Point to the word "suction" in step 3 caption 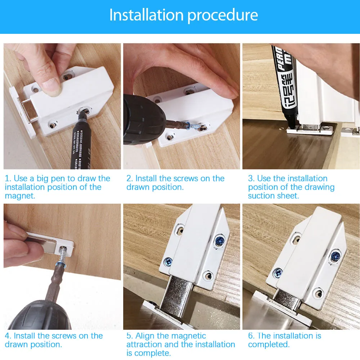[x=261, y=196]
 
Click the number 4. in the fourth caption [x=8, y=336]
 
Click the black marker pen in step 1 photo [x=80, y=144]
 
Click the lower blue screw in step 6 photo [x=278, y=273]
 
